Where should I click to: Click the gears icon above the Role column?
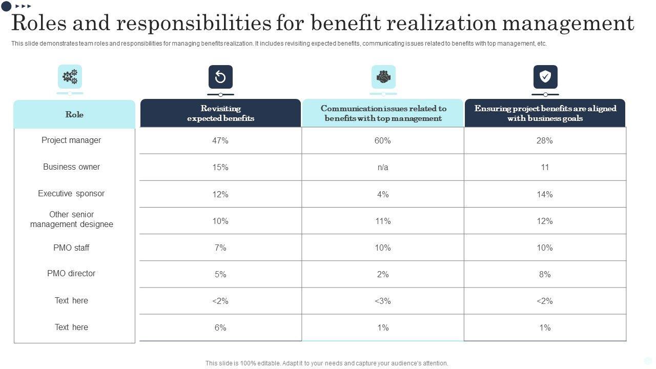(x=70, y=77)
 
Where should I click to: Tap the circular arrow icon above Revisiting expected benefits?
(x=220, y=77)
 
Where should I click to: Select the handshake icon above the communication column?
(x=383, y=77)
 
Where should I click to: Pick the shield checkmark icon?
(x=545, y=77)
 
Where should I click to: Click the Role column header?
(x=74, y=114)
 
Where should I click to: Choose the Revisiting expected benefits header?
(x=220, y=113)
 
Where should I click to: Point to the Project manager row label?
(x=71, y=140)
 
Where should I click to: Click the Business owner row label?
(x=71, y=167)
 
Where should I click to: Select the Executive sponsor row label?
(x=71, y=194)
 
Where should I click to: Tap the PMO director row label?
(x=71, y=274)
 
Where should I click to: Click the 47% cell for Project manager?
(x=220, y=140)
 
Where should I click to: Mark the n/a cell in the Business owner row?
(x=383, y=168)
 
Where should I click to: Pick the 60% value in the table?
(x=383, y=140)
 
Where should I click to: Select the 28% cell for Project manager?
(x=545, y=140)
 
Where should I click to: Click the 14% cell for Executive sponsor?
(x=545, y=194)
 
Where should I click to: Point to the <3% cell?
(x=383, y=301)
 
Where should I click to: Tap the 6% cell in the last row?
(x=220, y=327)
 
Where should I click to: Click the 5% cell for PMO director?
(x=220, y=274)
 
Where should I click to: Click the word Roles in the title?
(x=39, y=24)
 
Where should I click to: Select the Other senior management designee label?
(x=71, y=219)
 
